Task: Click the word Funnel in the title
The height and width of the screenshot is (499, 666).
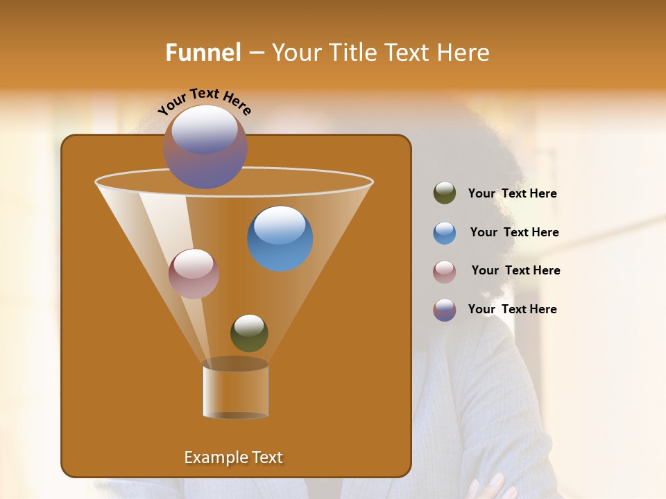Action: [x=203, y=53]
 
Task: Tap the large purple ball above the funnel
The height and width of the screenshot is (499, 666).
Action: [x=205, y=147]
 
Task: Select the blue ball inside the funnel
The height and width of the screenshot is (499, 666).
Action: [x=280, y=238]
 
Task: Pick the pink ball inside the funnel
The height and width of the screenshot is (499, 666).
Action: [x=194, y=274]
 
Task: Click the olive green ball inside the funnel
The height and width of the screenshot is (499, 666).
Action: [x=249, y=333]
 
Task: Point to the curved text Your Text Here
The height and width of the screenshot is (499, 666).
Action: [x=205, y=101]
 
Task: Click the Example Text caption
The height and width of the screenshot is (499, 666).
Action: [x=233, y=457]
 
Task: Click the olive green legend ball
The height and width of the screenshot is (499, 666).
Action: [x=445, y=193]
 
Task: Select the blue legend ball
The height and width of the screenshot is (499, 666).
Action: [x=445, y=232]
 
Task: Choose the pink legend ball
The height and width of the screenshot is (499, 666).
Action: [x=445, y=271]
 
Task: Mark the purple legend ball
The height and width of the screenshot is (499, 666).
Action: [x=445, y=310]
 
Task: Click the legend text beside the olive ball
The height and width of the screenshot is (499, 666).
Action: [x=512, y=194]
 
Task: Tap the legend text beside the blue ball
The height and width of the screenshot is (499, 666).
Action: [x=514, y=232]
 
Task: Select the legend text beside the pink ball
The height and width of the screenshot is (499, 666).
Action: [x=515, y=270]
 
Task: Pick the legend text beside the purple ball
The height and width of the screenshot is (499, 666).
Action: [x=512, y=309]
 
